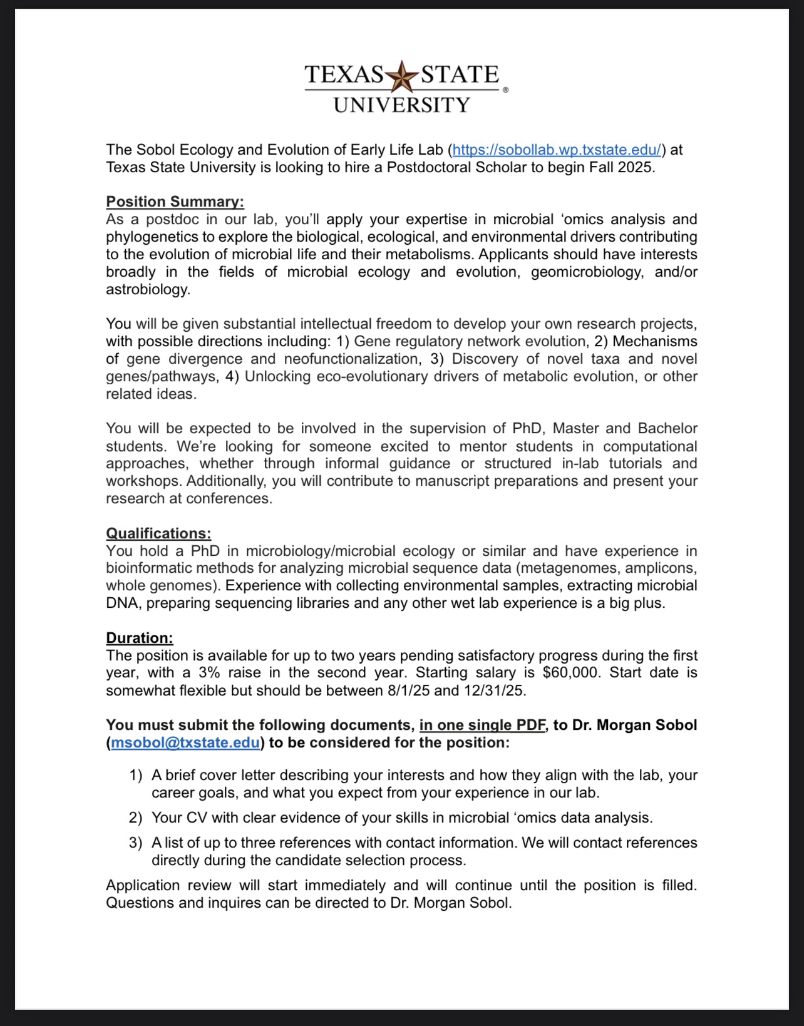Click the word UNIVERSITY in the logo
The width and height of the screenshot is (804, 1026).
coord(401,105)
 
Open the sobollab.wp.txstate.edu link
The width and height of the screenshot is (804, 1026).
coord(557,150)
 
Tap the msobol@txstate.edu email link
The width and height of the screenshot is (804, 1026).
coord(185,742)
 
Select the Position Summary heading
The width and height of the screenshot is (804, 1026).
coord(175,202)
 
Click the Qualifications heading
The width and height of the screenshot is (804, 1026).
coord(158,533)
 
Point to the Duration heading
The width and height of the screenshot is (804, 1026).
coord(139,638)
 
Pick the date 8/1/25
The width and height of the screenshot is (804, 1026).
coord(408,690)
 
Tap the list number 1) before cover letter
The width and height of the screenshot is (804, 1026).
coord(136,775)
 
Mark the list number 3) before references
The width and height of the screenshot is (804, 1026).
coord(136,843)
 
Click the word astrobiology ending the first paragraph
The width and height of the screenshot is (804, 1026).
coord(147,289)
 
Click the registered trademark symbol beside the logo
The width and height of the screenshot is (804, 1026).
coord(505,90)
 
